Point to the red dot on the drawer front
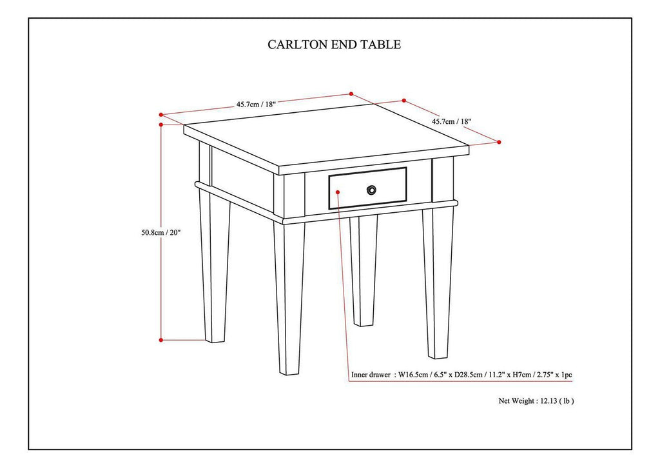click(338, 191)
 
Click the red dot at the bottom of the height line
click(160, 339)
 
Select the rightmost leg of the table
click(440, 284)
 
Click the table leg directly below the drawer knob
click(364, 271)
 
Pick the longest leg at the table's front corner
click(289, 297)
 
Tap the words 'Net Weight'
click(516, 401)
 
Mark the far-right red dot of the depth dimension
click(499, 142)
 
